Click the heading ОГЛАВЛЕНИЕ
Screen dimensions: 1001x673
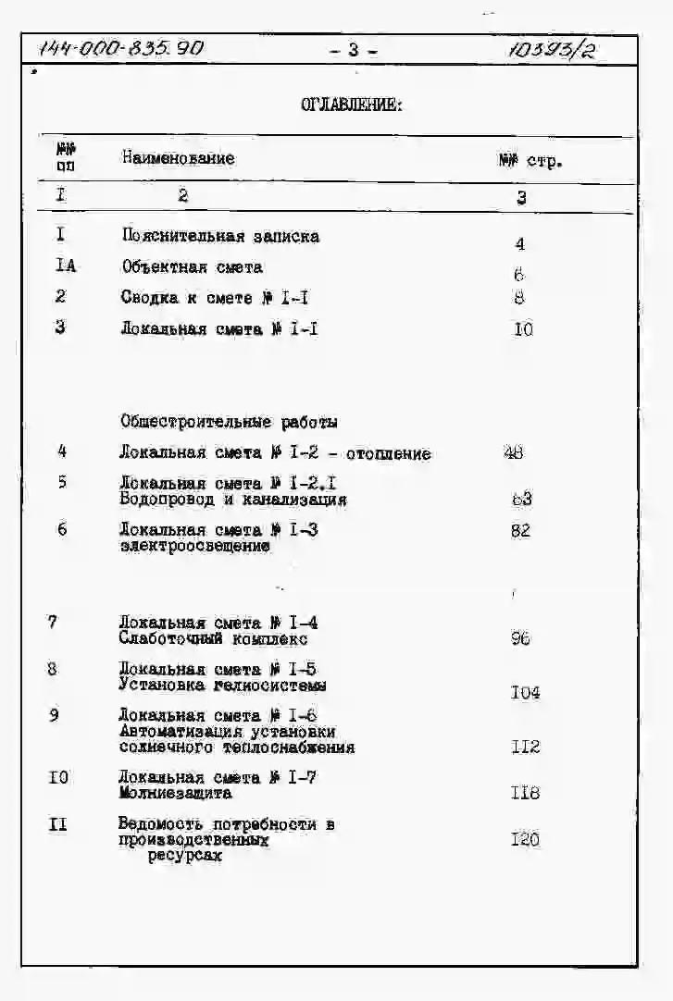(352, 105)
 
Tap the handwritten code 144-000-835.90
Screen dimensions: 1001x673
(121, 49)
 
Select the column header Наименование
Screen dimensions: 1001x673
(178, 158)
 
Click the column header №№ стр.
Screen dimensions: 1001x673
(530, 161)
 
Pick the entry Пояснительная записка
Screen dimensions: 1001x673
(220, 236)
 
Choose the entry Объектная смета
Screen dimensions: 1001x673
(192, 267)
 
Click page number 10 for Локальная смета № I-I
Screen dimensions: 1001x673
(523, 328)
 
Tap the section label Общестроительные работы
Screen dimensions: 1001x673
(229, 422)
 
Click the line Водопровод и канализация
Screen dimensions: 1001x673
(233, 500)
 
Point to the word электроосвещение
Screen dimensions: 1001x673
(195, 546)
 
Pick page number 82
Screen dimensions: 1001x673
(520, 530)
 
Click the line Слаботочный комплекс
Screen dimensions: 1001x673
(213, 638)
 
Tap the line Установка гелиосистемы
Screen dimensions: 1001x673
(222, 686)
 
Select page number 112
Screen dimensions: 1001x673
(525, 747)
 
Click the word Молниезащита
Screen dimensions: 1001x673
(175, 793)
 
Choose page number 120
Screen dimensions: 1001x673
(525, 839)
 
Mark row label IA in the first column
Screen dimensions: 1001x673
(65, 266)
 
